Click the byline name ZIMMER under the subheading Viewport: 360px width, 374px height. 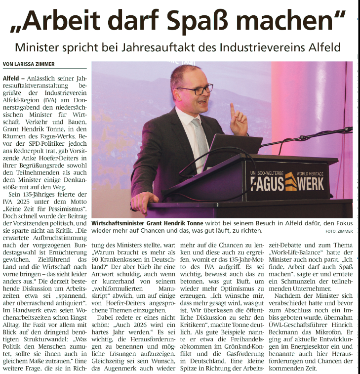43,64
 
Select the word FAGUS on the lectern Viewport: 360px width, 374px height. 267,182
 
